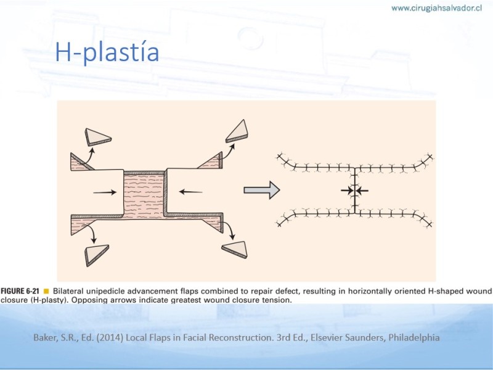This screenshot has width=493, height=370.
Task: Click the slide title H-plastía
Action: [107, 52]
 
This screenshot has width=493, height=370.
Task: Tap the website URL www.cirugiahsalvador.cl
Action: [436, 8]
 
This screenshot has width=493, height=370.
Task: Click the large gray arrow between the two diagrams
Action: [261, 190]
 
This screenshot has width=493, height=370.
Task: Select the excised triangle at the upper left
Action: [98, 137]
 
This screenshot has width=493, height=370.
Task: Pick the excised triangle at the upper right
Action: [237, 131]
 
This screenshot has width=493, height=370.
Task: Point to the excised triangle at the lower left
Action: [97, 255]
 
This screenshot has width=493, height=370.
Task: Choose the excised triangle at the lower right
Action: [235, 250]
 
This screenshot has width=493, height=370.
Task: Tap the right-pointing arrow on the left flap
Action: [105, 192]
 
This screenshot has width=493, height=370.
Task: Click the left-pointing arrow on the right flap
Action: [190, 192]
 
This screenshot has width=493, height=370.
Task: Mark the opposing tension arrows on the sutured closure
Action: [355, 191]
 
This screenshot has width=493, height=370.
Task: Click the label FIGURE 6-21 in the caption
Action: [20, 291]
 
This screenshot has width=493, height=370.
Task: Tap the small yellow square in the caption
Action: [46, 291]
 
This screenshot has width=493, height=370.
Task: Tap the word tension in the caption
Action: [275, 300]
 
